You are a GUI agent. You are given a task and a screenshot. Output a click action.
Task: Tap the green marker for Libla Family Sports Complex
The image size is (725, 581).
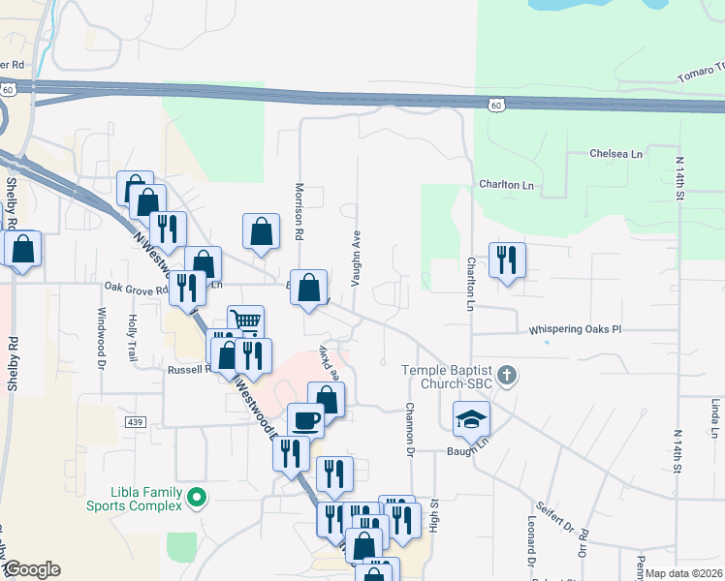(198, 499)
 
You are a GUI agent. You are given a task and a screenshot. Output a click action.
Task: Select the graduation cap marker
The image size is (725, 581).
(471, 418)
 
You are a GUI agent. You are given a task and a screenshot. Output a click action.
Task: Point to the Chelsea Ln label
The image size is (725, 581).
(616, 154)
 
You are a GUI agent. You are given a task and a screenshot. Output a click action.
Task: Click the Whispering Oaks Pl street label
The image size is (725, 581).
(574, 330)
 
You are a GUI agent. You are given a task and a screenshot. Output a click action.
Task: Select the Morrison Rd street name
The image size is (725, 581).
(300, 212)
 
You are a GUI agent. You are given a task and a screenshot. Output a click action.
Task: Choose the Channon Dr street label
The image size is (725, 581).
(410, 429)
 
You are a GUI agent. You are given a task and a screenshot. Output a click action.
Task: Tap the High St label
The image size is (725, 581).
(435, 515)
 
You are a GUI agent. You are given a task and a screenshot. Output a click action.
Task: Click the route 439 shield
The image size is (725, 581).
(135, 422)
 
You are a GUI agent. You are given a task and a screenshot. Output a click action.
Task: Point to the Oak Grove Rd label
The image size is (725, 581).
(137, 288)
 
